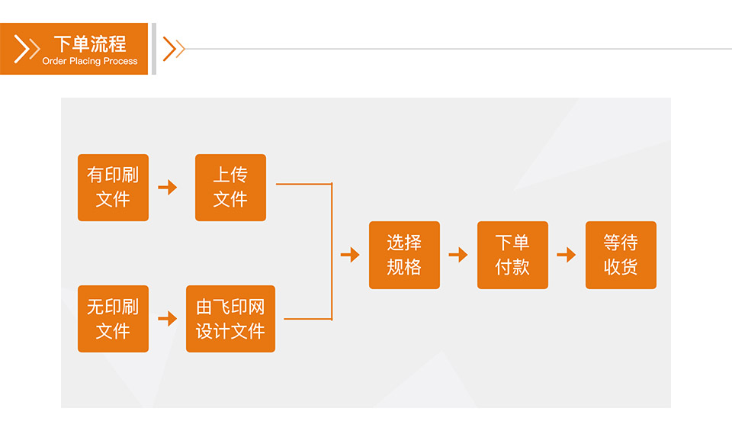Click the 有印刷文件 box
tap(113, 188)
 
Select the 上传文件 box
tap(230, 188)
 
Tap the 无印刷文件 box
tap(113, 319)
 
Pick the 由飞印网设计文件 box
tap(230, 319)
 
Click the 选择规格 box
tap(404, 255)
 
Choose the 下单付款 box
tap(512, 255)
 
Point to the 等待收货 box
tap(621, 255)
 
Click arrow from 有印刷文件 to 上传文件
tap(168, 188)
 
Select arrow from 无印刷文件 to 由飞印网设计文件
tap(168, 319)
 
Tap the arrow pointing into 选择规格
tap(350, 255)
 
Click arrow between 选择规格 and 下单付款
tap(458, 255)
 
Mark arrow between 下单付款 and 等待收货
tap(567, 255)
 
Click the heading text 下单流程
tap(90, 43)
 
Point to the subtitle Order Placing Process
tap(90, 61)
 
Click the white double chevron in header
tap(27, 49)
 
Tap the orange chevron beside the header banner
tap(174, 49)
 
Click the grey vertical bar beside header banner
tap(154, 49)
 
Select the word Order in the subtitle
tap(54, 61)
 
